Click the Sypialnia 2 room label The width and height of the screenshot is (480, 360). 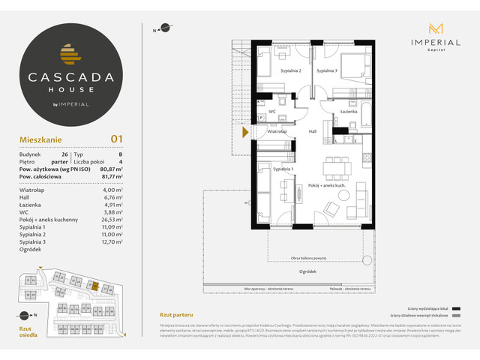(x=291, y=70)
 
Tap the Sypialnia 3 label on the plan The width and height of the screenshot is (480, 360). (x=326, y=70)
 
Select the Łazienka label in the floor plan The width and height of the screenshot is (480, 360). (x=348, y=111)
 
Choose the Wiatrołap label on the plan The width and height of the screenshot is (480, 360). (x=279, y=131)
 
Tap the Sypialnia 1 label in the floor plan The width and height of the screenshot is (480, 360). (x=283, y=169)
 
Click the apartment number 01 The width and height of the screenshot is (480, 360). (x=117, y=138)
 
